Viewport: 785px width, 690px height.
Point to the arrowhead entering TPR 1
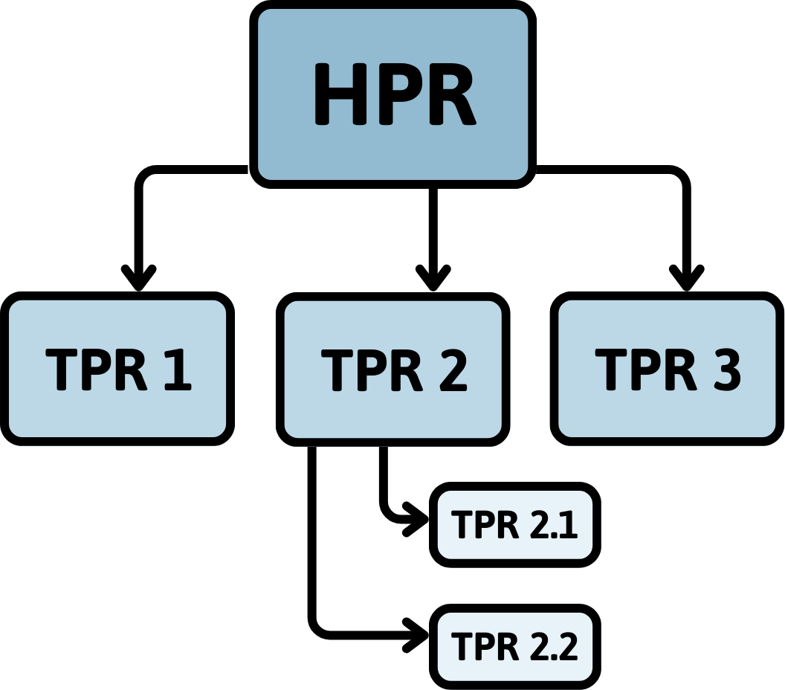[x=138, y=280]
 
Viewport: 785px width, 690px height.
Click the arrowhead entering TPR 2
[x=433, y=280]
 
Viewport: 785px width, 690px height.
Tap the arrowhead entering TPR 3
[x=686, y=280]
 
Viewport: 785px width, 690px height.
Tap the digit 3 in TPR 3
[x=726, y=369]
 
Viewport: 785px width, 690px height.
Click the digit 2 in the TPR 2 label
[x=450, y=369]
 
